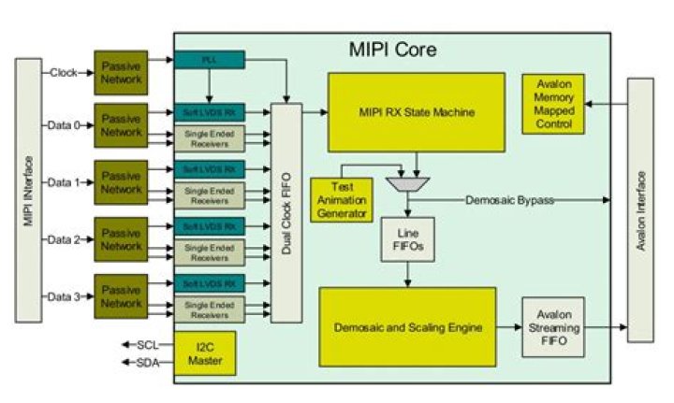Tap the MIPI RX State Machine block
pos(416,112)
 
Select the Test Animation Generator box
pos(339,198)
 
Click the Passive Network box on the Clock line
pos(120,73)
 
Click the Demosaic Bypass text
pos(510,200)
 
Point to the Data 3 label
pos(65,296)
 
